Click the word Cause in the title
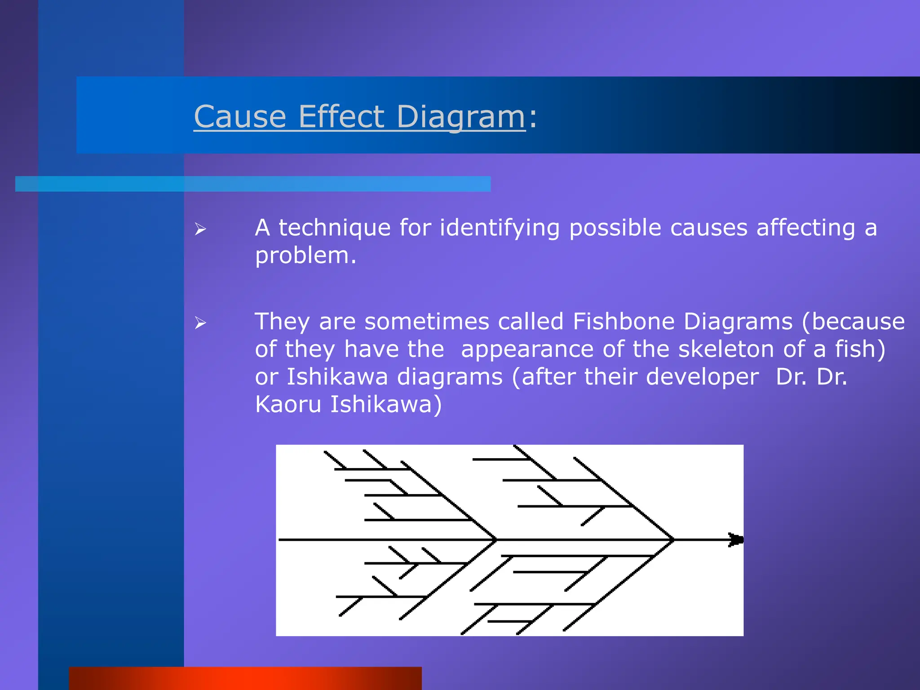pyautogui.click(x=240, y=117)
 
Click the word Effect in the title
pyautogui.click(x=341, y=117)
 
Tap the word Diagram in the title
pyautogui.click(x=460, y=117)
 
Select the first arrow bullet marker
pyautogui.click(x=200, y=230)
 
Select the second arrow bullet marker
pyautogui.click(x=200, y=323)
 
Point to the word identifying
pyautogui.click(x=500, y=228)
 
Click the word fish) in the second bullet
pyautogui.click(x=860, y=349)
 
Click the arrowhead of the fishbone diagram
pyautogui.click(x=736, y=540)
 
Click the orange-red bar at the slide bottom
pyautogui.click(x=245, y=678)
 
